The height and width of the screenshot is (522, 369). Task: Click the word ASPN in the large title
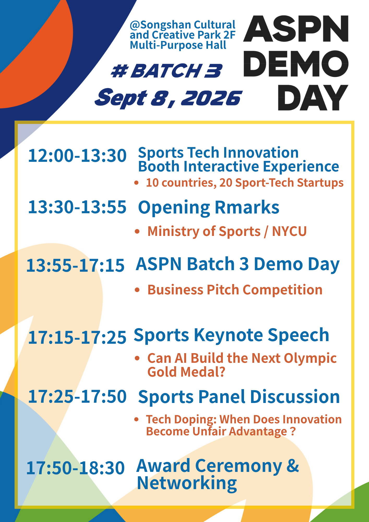(x=296, y=28)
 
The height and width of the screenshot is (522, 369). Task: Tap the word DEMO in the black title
(x=296, y=64)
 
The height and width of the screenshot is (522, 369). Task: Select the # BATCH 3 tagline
(x=166, y=71)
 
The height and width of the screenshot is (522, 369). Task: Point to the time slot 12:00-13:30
(x=77, y=156)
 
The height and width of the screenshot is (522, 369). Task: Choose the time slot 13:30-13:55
(x=77, y=207)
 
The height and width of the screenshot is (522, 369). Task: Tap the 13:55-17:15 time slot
(x=75, y=265)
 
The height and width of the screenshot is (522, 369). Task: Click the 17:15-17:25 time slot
(x=77, y=337)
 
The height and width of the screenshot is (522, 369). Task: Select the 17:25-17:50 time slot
(x=77, y=396)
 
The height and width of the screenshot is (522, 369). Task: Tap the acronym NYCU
(x=289, y=232)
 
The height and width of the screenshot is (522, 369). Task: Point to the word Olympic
(x=310, y=359)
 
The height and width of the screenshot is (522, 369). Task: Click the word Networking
(x=187, y=483)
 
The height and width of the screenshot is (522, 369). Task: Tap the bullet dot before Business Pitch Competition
(x=137, y=290)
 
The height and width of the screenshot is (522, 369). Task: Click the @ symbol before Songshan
(x=135, y=25)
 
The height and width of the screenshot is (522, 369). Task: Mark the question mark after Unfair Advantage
(x=293, y=431)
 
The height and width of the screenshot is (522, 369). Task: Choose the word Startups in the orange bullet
(x=320, y=183)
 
